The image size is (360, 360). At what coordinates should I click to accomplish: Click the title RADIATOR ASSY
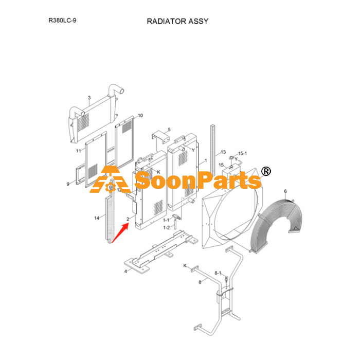click(177, 22)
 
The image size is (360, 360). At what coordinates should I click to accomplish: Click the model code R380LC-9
click(62, 21)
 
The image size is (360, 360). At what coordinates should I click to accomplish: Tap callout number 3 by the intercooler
click(89, 98)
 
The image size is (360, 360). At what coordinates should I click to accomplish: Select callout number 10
click(140, 116)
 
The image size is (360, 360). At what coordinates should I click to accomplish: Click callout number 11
click(79, 151)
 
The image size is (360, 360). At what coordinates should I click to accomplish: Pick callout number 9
click(68, 184)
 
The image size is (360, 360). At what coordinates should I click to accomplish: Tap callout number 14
click(97, 218)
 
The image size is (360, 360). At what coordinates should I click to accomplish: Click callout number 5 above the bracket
click(169, 130)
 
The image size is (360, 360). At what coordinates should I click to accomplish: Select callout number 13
click(223, 152)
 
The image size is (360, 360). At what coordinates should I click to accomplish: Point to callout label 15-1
click(242, 153)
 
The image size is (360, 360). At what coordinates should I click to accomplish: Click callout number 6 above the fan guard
click(285, 191)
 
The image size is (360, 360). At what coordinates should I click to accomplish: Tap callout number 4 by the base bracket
click(125, 272)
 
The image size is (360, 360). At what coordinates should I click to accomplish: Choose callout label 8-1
click(218, 273)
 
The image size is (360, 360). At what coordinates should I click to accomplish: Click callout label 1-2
click(167, 227)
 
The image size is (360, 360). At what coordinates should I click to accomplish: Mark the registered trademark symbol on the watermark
click(266, 171)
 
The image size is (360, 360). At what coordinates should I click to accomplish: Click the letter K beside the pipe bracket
click(185, 266)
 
